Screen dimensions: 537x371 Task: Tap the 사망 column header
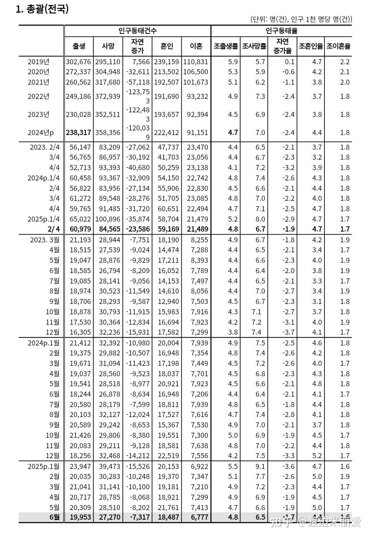click(x=108, y=46)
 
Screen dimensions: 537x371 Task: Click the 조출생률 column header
click(x=226, y=46)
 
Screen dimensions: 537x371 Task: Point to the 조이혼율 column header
click(x=338, y=46)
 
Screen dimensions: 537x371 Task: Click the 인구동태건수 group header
click(x=137, y=31)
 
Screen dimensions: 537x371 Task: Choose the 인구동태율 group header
click(x=281, y=31)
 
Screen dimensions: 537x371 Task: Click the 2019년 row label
click(x=38, y=62)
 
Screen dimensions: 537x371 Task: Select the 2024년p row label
click(x=41, y=132)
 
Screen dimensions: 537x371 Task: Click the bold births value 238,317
click(x=79, y=132)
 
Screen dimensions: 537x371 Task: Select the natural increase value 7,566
click(x=138, y=62)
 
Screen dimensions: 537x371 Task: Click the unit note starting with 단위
click(x=301, y=19)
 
